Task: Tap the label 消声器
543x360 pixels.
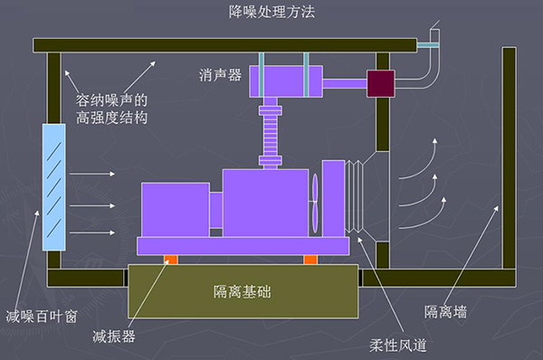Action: [220, 76]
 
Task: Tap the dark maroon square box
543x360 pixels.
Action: [380, 82]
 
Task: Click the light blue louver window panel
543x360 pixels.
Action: [54, 187]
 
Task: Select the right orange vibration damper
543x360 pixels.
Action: [310, 261]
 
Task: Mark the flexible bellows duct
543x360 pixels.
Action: [363, 195]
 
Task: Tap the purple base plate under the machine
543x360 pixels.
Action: [243, 245]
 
